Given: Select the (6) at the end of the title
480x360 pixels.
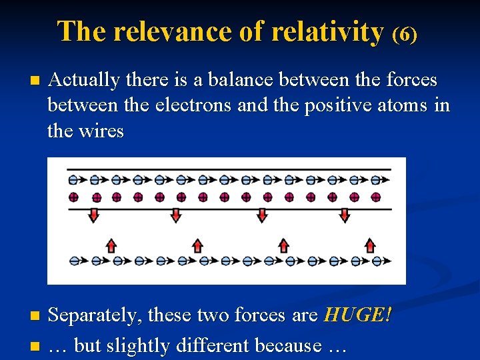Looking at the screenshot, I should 405,34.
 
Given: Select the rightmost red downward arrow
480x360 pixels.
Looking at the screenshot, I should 345,215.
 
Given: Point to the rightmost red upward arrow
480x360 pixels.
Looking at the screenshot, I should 369,245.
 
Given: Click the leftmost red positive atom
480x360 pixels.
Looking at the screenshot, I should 73,197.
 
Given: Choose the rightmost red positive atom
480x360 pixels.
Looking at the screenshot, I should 376,197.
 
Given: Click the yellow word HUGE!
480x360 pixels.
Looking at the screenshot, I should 357,315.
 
